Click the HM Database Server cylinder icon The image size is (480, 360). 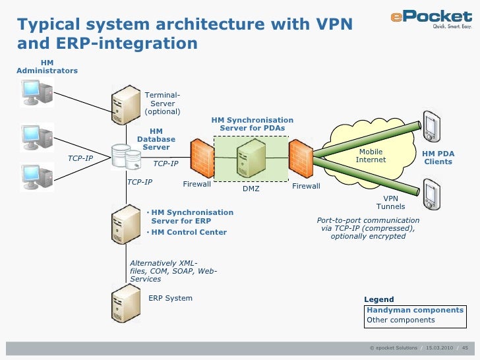pos(121,156)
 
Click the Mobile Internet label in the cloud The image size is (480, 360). pos(371,156)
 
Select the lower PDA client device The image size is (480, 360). pos(431,194)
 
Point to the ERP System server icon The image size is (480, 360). pos(125,301)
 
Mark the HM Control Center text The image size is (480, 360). pos(189,232)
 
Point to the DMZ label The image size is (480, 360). pos(251,189)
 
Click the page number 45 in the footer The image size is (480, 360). pos(465,347)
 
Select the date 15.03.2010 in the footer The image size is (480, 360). pos(439,347)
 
